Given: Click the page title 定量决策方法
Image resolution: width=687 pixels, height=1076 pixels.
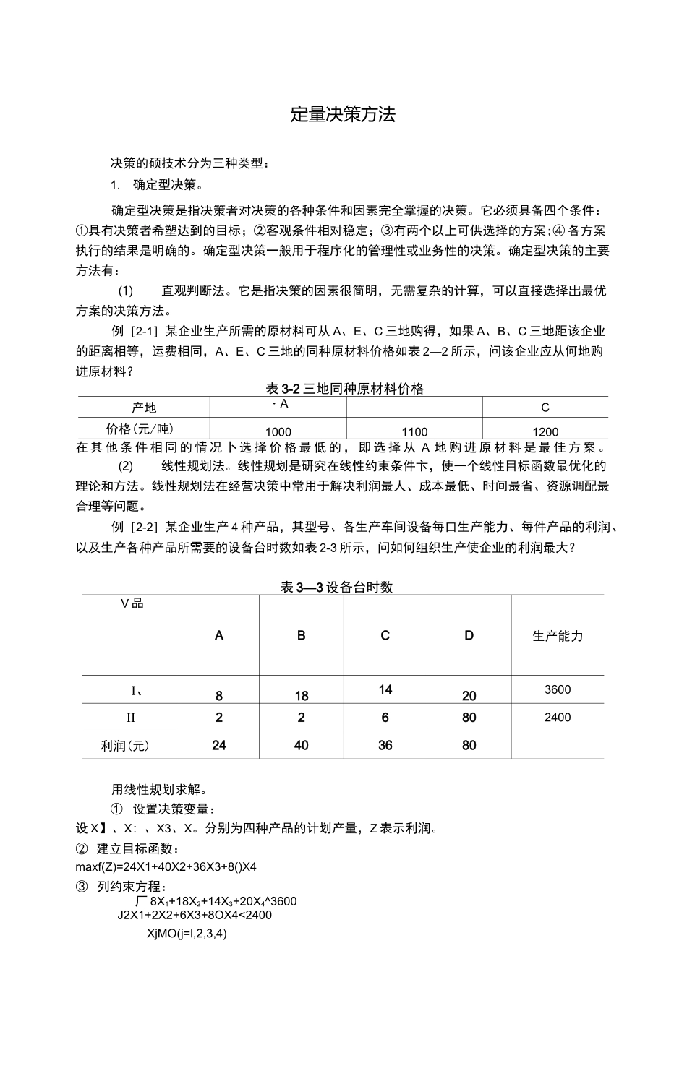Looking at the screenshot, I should (x=343, y=115).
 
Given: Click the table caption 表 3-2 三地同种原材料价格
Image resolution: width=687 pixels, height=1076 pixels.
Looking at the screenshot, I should (x=345, y=389).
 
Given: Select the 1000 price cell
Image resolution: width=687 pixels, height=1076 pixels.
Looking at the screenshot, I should (x=278, y=431).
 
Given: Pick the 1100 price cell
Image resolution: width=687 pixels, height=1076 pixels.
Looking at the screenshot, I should (x=414, y=431).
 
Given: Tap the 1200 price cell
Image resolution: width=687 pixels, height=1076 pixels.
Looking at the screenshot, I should (x=545, y=431).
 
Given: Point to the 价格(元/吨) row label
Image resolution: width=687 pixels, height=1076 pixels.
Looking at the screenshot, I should (x=144, y=429).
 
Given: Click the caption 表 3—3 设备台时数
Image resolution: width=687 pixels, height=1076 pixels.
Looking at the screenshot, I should (x=336, y=587).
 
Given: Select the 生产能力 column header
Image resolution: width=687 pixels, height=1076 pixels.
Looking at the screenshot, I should (x=558, y=636).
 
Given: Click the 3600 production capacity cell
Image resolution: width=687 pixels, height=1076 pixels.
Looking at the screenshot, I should (x=558, y=689).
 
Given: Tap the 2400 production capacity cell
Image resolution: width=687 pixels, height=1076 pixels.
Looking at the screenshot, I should (x=558, y=718).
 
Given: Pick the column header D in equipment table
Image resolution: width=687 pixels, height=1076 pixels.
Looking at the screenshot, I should (x=469, y=636).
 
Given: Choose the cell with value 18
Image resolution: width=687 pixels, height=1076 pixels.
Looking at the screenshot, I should (x=302, y=696).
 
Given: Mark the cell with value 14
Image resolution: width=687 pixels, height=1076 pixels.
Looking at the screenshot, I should (x=385, y=689).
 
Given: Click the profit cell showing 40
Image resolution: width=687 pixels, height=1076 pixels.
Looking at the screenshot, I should (x=302, y=745).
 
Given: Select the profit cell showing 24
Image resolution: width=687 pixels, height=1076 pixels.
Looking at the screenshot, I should (x=219, y=745).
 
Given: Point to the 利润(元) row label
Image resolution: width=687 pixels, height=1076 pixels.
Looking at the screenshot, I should (x=130, y=745).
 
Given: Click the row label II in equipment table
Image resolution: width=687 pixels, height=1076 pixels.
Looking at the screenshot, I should (x=131, y=718).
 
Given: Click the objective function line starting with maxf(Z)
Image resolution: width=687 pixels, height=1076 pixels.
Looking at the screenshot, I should (x=166, y=866).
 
